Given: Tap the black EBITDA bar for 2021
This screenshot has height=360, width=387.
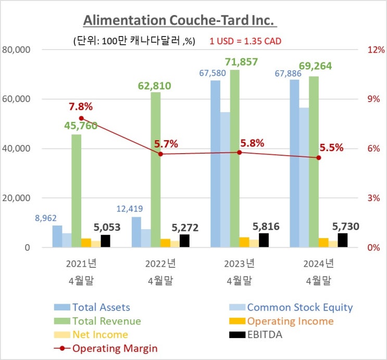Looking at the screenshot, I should pyautogui.click(x=106, y=241).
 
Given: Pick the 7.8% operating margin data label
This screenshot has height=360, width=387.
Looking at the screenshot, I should pyautogui.click(x=81, y=107).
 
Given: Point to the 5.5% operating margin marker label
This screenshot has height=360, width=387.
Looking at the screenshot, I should pyautogui.click(x=332, y=147).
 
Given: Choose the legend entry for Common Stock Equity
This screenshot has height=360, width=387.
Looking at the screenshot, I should pyautogui.click(x=299, y=307).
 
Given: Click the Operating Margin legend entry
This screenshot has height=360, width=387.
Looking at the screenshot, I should pyautogui.click(x=115, y=348).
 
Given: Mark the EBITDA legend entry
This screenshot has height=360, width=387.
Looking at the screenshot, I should pyautogui.click(x=265, y=334).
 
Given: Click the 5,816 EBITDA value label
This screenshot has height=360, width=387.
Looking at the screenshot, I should pyautogui.click(x=266, y=227).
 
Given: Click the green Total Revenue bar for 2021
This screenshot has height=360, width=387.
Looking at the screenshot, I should pyautogui.click(x=76, y=191).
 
